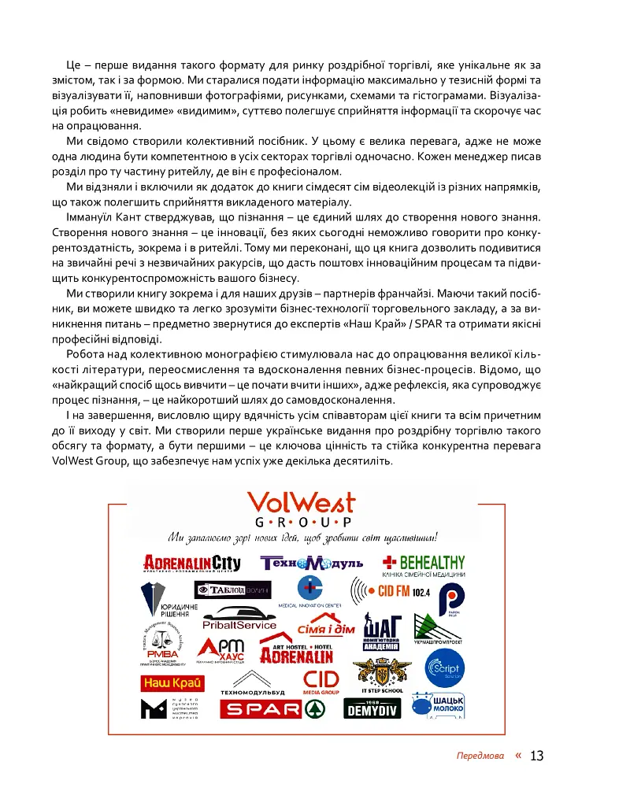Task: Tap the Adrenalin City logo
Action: (191, 563)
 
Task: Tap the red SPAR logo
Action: (272, 709)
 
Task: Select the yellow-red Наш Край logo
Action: (173, 682)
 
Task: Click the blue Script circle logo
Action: (447, 670)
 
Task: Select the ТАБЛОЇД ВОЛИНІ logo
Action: (232, 590)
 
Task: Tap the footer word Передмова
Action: (480, 756)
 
